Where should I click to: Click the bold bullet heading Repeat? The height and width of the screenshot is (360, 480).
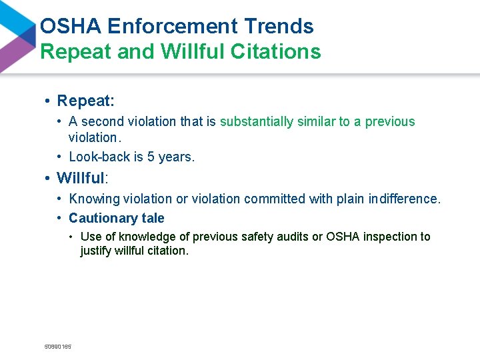pos(86,101)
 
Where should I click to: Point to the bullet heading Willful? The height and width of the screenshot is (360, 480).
pos(82,178)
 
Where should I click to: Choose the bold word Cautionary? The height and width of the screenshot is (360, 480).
pos(104,218)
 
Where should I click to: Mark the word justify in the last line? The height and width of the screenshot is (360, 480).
pos(96,251)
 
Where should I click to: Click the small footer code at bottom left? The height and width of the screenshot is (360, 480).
pos(57,347)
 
